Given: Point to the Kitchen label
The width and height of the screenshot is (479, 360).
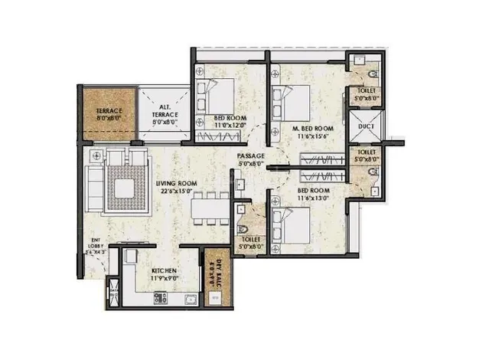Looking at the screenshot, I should pos(165,272).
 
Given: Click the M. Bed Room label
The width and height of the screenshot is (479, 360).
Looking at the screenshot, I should pos(312,128).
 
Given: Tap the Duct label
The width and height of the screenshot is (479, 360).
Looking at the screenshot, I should pos(365,126).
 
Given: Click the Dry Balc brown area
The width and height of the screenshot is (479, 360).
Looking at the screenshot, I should pos(215,273).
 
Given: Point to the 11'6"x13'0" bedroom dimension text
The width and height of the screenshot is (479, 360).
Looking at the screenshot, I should pos(313,197).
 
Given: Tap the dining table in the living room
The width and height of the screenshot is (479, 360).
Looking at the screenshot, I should pos(209,206).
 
